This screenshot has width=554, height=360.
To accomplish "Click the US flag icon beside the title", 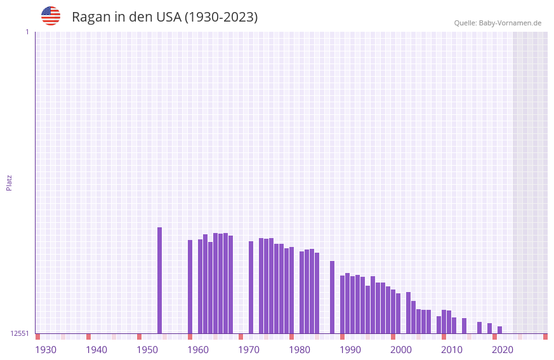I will (x=51, y=16).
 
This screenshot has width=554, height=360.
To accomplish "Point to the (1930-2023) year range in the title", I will (x=221, y=17).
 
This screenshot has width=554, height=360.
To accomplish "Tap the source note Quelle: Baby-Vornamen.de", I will (x=498, y=23).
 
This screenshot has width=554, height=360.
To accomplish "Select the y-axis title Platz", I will (x=9, y=182).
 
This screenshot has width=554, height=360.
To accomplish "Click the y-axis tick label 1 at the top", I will (x=27, y=32).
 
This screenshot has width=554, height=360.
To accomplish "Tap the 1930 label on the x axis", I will (x=46, y=350).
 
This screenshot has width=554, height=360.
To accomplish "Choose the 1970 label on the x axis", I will (x=249, y=350).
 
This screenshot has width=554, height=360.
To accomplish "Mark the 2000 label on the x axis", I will (x=401, y=350).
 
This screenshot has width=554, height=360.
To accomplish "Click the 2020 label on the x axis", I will (x=503, y=350).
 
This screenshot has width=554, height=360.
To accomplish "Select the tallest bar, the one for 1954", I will (x=159, y=280).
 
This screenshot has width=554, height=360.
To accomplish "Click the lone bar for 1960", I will (x=190, y=286).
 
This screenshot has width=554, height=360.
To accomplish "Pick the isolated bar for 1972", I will (x=251, y=287).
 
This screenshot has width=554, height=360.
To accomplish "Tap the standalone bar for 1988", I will (x=332, y=297).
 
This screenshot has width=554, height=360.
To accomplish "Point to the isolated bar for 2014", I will (x=464, y=326).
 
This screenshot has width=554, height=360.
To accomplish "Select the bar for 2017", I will (x=479, y=328).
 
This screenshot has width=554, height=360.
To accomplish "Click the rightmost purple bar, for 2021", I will (x=499, y=330).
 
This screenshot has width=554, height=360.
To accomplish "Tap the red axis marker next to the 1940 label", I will (x=88, y=337).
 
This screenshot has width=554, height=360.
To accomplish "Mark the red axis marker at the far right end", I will (x=545, y=337).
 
